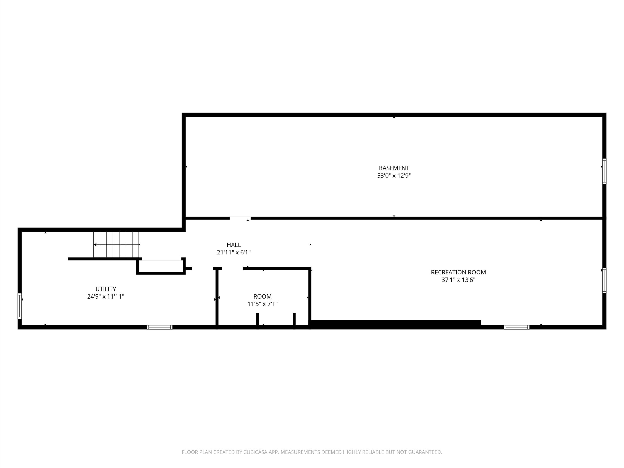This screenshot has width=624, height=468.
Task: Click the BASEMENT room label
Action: pos(394,168)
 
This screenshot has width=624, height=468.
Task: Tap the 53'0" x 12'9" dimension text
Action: pos(394,176)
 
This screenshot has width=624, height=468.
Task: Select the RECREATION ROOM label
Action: pos(458,272)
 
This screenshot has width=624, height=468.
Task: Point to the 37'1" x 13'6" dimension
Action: pos(458,280)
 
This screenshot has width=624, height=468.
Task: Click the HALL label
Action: pos(234,245)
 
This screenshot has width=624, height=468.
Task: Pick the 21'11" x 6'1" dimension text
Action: pos(234,253)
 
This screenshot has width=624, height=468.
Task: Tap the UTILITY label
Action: pos(106,289)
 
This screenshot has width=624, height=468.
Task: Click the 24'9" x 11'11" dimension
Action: pos(106,296)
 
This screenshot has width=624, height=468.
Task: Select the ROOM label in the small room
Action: pos(262,296)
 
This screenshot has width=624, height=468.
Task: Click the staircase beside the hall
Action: pos(116,244)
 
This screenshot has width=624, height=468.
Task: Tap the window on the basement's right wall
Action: pos(604,171)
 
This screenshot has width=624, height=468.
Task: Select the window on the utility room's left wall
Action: pos(20,306)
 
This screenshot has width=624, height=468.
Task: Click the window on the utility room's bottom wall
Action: pos(159,327)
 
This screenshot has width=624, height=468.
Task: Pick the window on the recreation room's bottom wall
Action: pos(517,327)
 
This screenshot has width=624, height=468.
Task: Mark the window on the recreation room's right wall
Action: pos(604,280)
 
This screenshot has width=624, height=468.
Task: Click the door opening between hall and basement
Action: pos(240,218)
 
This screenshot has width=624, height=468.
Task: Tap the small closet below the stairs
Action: pos(161,266)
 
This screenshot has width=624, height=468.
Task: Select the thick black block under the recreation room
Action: pos(395,324)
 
